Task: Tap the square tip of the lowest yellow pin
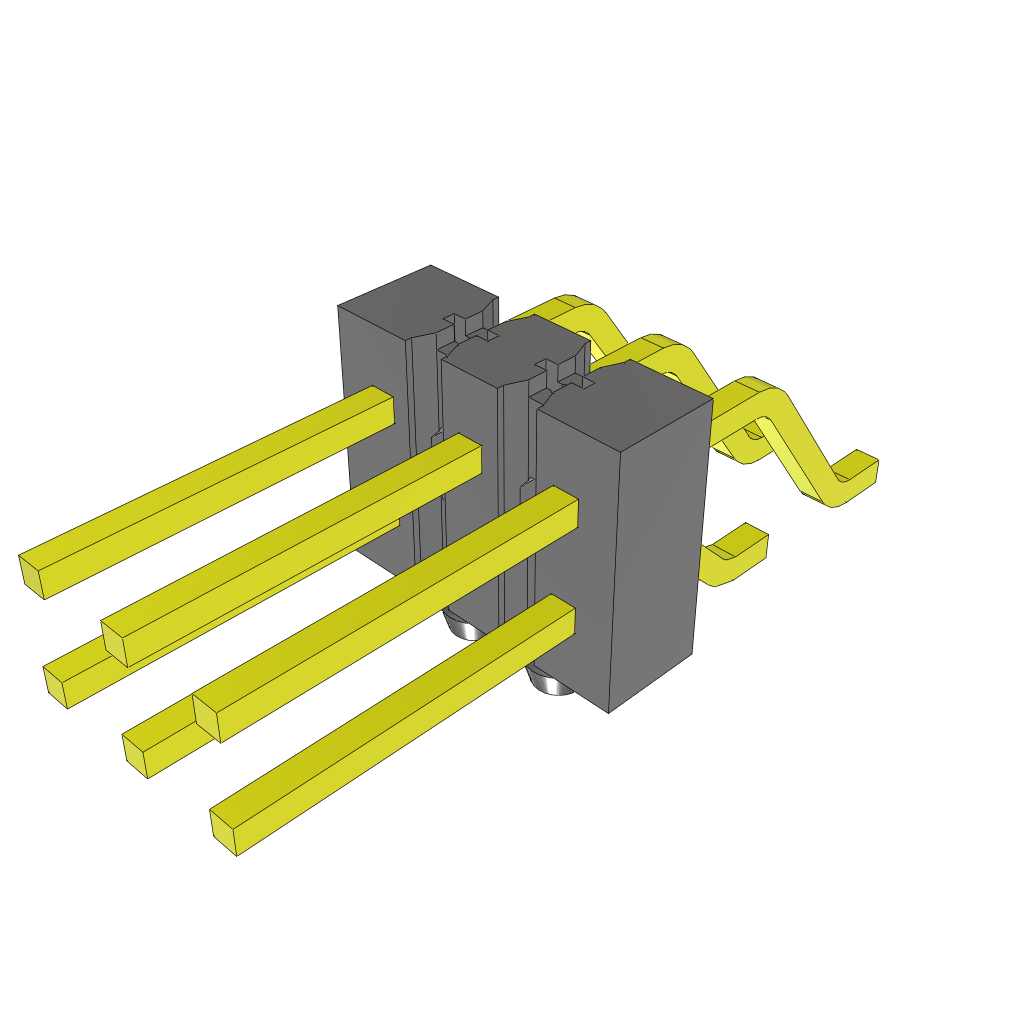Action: coord(223,832)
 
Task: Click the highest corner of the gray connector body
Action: coord(431,266)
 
